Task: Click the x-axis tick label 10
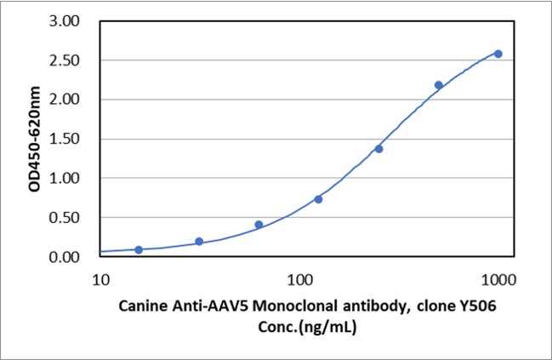coord(100,278)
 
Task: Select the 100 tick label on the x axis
coord(299,278)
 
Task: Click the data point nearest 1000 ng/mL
coord(498,54)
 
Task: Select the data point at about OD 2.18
coord(439,85)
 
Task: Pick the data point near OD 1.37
coord(378,149)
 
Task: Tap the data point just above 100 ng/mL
coord(318,199)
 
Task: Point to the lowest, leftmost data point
coord(139,249)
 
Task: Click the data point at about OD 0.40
coord(259,225)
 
